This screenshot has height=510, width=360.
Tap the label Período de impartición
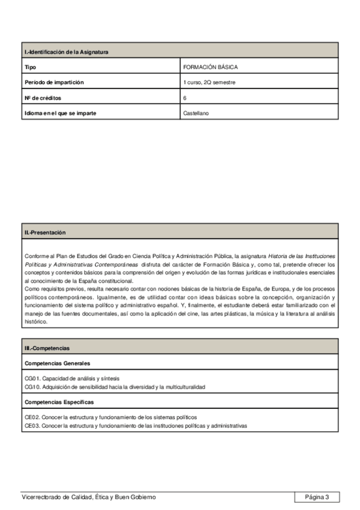pos(54,82)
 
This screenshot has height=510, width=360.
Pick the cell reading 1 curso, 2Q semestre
pos(209,82)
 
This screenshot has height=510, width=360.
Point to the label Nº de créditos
pos(43,97)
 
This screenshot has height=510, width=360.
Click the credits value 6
pos(185,97)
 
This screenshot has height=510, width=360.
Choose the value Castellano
pos(196,112)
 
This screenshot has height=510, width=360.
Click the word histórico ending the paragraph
pos(35,322)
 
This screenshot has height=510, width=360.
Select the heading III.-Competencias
pos(47,348)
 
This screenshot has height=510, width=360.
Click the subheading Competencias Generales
pos(57,363)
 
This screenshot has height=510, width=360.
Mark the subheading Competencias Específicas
pos(59,402)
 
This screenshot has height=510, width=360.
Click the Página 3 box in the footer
pos(317,497)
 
